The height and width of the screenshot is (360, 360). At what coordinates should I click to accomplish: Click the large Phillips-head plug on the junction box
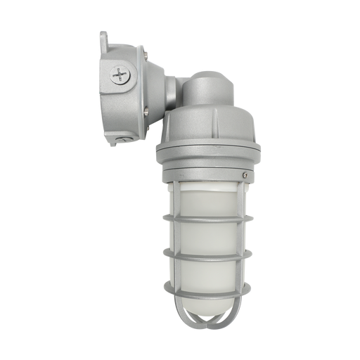tap(121, 75)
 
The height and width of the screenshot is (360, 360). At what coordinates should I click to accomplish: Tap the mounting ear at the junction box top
tap(104, 37)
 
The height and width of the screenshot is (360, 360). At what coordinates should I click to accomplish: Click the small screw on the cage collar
tap(244, 175)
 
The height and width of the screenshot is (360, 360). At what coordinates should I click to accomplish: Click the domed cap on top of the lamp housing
tap(207, 84)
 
